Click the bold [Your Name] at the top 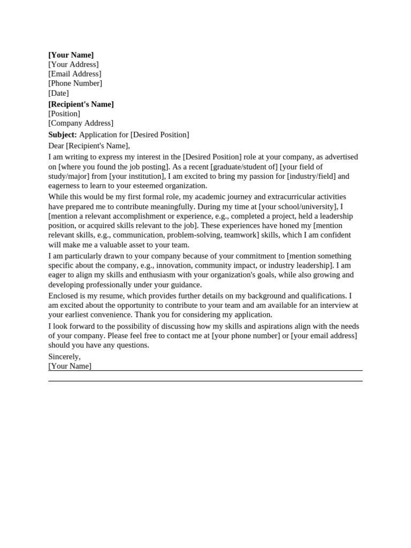71,55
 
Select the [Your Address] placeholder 73,65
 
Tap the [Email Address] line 74,74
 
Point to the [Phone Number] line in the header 75,83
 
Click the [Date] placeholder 58,93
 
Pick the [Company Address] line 81,123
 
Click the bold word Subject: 63,135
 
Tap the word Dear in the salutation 56,146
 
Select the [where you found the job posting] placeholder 113,167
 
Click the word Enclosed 63,296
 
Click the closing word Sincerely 64,356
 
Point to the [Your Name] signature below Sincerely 70,366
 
